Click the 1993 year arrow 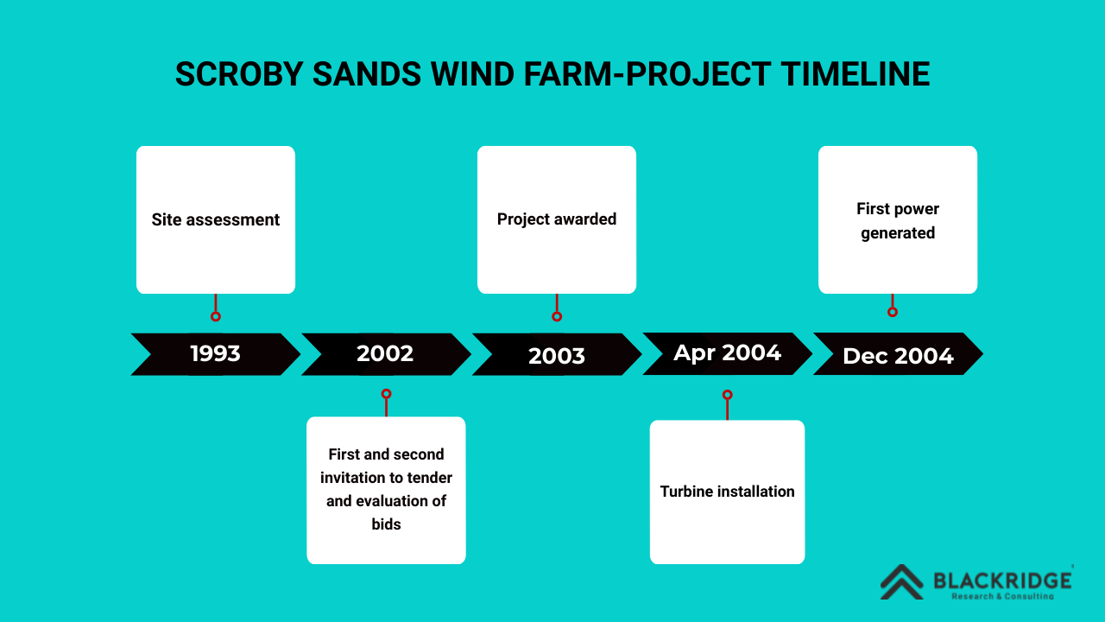click(216, 354)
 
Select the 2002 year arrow click(386, 354)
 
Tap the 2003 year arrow click(557, 354)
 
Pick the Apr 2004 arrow click(728, 353)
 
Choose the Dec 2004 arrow click(899, 353)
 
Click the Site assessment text click(216, 219)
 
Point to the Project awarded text click(557, 219)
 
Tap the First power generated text click(898, 220)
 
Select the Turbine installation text click(727, 492)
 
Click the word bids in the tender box click(386, 524)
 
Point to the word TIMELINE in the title click(855, 74)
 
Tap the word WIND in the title click(472, 74)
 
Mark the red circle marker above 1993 click(216, 316)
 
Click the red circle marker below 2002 click(386, 394)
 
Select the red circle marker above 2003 click(557, 316)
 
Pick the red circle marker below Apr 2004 click(727, 395)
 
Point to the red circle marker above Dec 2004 click(893, 312)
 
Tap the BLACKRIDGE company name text click(1002, 581)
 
